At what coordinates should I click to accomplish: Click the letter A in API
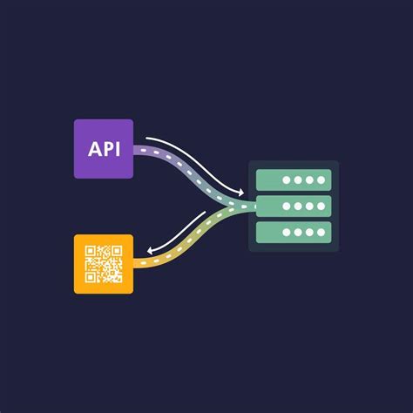(93, 149)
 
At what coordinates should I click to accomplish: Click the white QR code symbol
(103, 264)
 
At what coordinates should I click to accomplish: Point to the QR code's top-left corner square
(90, 252)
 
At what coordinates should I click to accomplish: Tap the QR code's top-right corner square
(115, 252)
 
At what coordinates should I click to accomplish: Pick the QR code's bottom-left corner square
(90, 276)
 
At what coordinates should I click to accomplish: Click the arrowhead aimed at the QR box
(150, 251)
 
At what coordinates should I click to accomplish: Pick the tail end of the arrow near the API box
(147, 138)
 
